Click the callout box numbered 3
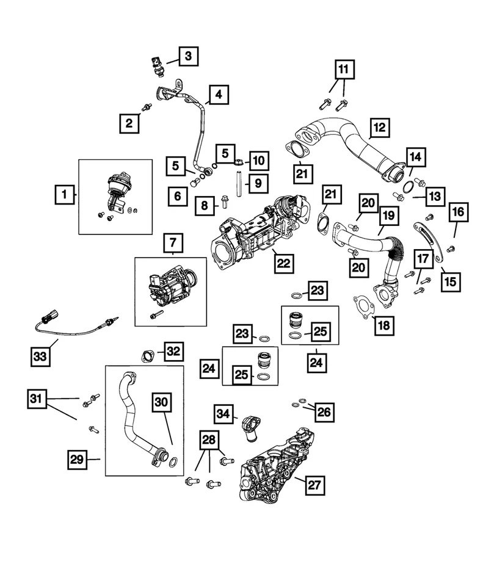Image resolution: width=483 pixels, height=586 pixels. tap(188, 57)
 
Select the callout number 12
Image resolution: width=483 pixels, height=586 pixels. tap(380, 127)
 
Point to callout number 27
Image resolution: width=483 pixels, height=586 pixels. tap(313, 486)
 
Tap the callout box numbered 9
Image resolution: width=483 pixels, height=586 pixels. tap(257, 182)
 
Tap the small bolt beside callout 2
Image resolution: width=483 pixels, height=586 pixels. tap(146, 108)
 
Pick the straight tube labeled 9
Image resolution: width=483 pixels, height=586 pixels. tap(236, 184)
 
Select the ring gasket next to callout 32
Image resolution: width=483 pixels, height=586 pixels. tap(146, 356)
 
